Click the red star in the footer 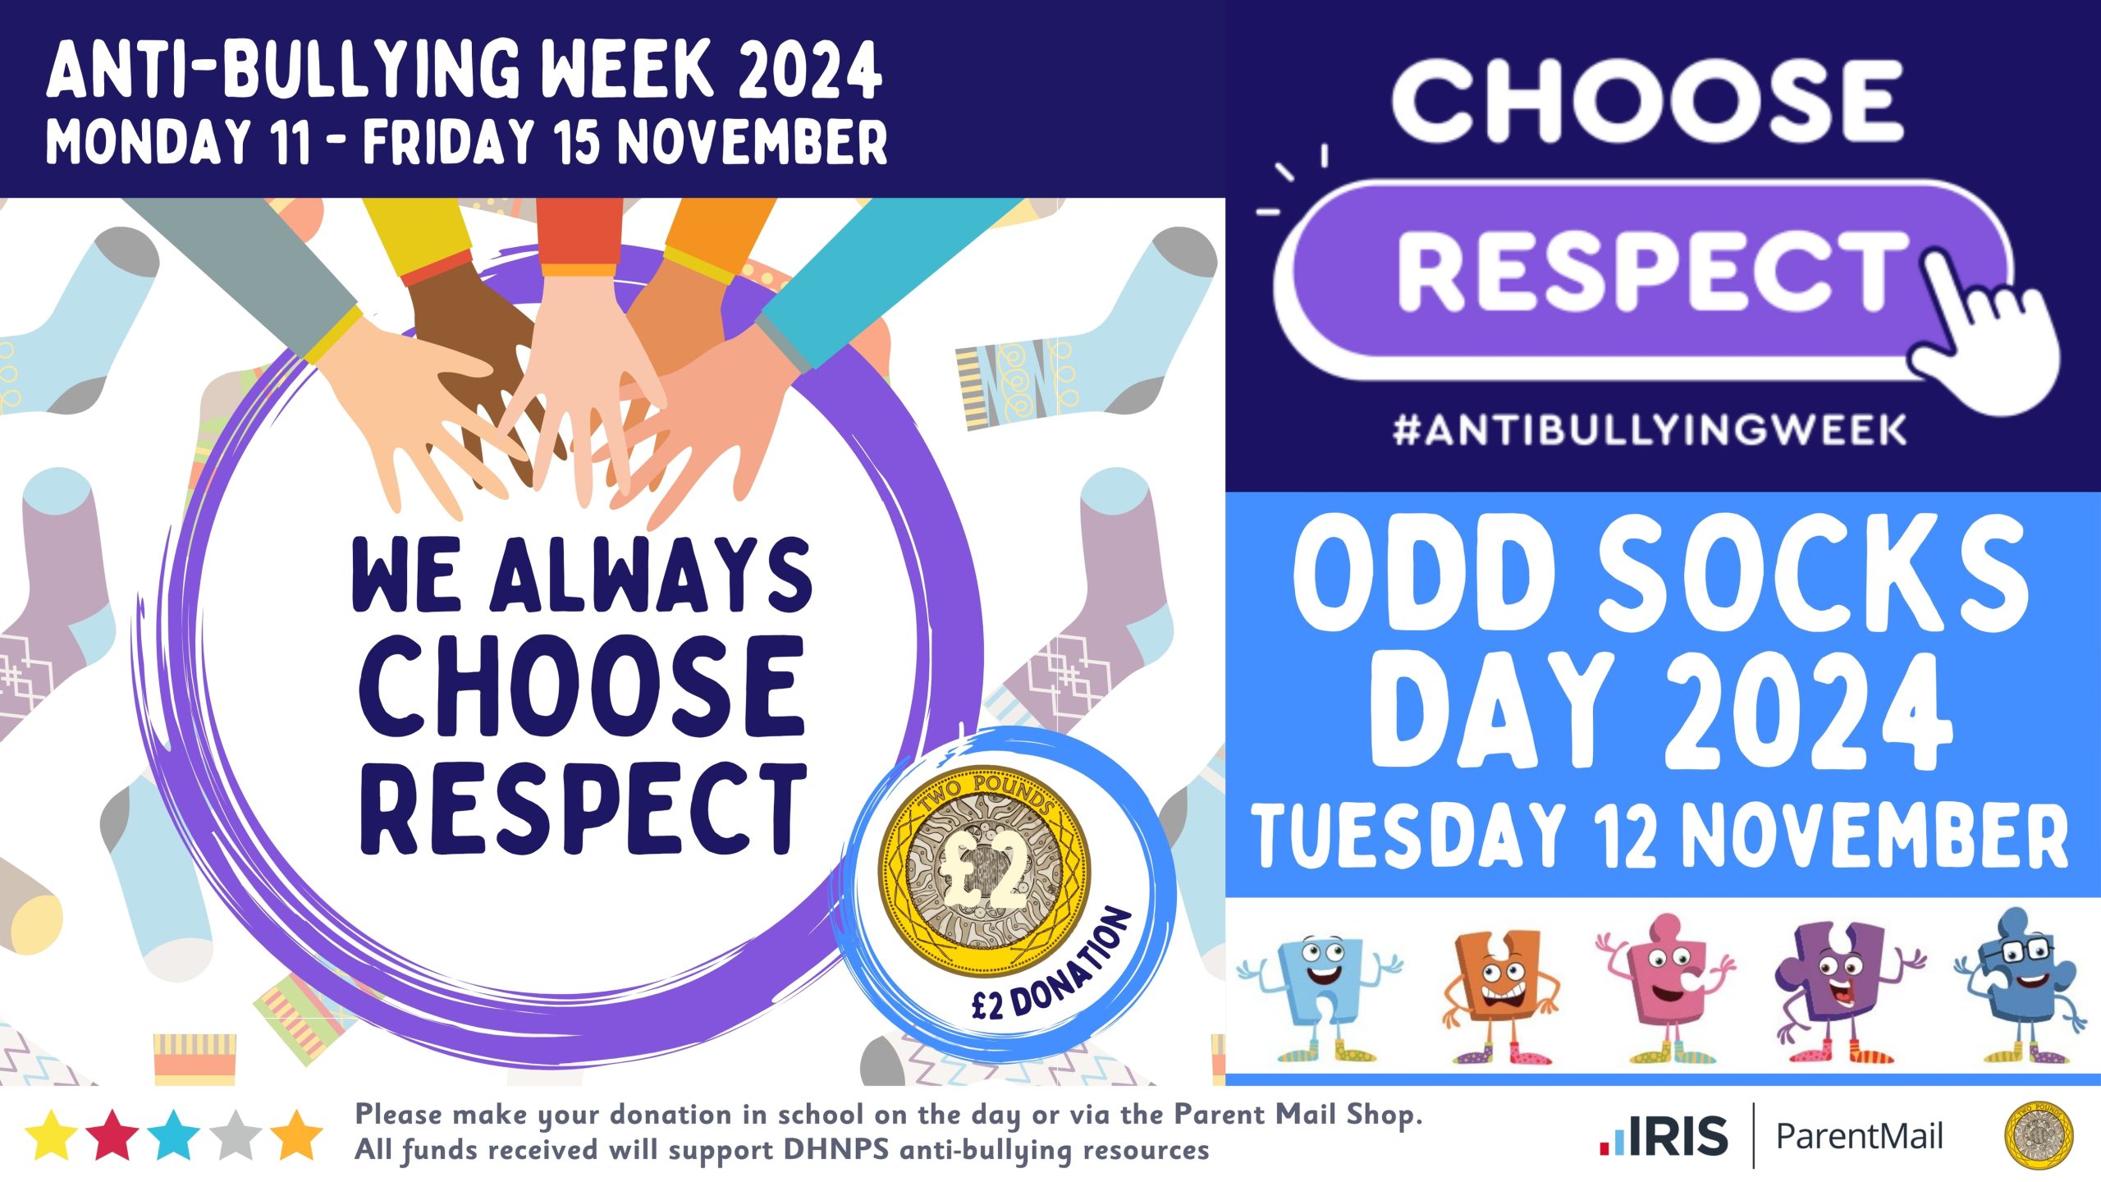113,1135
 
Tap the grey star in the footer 236,1135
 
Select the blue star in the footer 174,1135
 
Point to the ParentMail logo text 1859,1137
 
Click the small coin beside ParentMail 2039,1135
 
